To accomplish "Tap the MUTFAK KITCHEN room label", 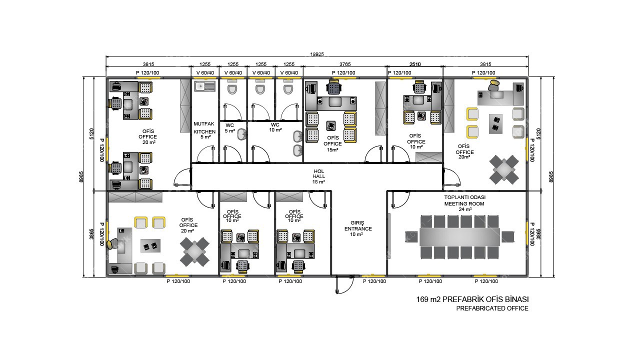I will coord(204,128).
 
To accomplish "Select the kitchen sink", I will coord(204,86).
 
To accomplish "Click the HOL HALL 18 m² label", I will coord(318,176).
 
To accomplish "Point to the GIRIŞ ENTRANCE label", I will coord(358,228).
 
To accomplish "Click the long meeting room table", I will coord(459,237).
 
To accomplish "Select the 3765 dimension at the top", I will coord(345,64).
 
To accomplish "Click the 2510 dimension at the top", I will coord(415,64).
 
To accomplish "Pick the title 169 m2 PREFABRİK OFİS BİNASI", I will coord(472,299).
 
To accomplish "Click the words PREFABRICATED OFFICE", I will coord(492,308).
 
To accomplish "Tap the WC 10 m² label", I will coord(275,127).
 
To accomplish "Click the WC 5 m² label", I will coord(229,128).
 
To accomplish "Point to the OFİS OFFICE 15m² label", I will coord(332,143).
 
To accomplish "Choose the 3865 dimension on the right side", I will coord(538,233).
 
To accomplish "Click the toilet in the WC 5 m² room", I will coord(232,89).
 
